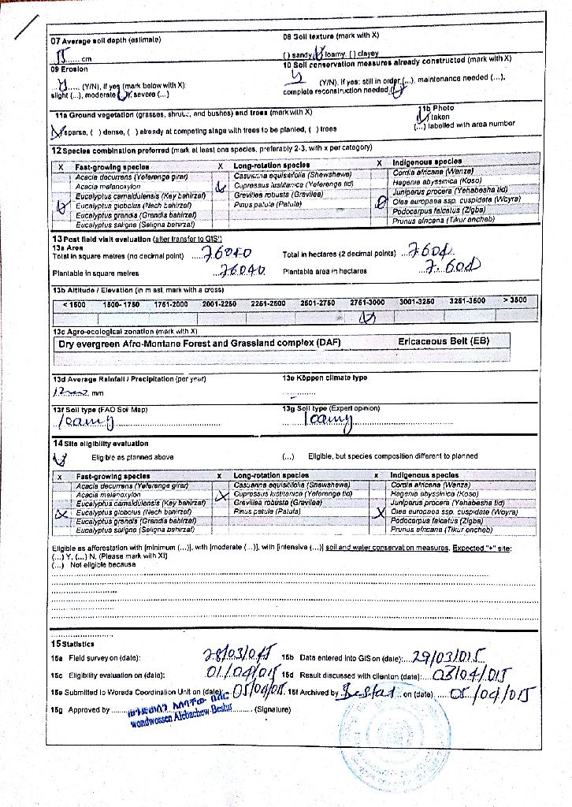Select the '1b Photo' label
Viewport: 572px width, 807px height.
(437, 107)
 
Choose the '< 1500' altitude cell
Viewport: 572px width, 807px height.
(74, 303)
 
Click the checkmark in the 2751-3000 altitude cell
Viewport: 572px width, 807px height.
(366, 318)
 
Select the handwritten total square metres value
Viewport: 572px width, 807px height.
(227, 254)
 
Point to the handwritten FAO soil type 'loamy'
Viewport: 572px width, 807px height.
(86, 423)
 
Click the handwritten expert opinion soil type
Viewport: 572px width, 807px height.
(329, 420)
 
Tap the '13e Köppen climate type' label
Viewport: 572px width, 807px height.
(325, 378)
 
